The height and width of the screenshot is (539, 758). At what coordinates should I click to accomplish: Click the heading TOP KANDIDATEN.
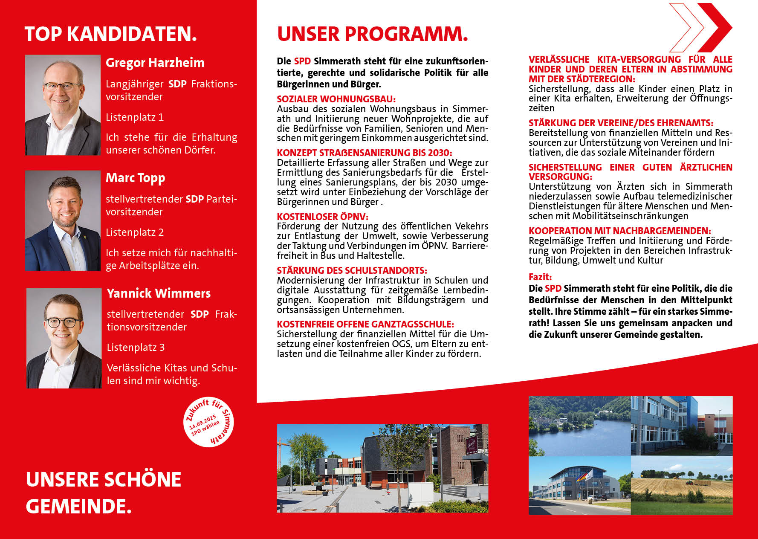point(111,34)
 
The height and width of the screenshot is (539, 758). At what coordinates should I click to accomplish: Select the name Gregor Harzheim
point(155,63)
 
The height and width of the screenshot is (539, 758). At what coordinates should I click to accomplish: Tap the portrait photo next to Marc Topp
point(63,220)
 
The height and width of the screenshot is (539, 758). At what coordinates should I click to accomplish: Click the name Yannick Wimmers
point(159,293)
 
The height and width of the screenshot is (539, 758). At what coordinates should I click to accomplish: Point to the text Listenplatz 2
point(135,232)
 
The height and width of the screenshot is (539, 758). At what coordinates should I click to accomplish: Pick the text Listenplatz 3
point(136,348)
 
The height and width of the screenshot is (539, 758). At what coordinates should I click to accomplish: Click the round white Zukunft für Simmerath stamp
point(209,422)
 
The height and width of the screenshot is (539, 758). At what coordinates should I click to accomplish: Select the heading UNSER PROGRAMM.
point(372,34)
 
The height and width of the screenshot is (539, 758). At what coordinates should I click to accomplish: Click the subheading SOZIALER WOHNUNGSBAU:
point(336,99)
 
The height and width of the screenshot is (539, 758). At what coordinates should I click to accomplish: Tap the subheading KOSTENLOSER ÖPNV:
point(322,216)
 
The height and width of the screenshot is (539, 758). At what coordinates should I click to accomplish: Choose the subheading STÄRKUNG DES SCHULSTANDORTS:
point(352,270)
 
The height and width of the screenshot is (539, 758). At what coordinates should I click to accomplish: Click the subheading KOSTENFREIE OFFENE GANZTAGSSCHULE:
point(365,324)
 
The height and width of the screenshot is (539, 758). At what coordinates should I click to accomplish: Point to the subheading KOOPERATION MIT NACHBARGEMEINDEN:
point(619,231)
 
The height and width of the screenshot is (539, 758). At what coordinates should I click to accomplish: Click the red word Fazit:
point(540,277)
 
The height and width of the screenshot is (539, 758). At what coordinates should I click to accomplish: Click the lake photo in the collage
point(579,426)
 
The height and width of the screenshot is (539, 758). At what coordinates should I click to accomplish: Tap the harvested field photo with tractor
point(681,485)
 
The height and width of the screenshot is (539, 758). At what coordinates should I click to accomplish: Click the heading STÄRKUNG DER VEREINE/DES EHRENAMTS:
point(621,123)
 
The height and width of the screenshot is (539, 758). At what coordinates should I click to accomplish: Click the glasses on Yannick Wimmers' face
point(63,322)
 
